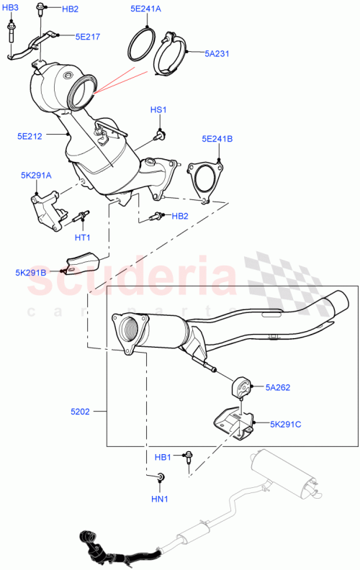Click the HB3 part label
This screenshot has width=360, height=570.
tap(13, 7)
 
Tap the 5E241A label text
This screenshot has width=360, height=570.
tap(146, 9)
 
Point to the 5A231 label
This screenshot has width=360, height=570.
tap(217, 53)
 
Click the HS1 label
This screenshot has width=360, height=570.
tap(158, 109)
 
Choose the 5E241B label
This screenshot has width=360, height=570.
tap(217, 140)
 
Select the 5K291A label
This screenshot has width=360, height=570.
tap(36, 174)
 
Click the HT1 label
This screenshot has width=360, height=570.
tap(82, 237)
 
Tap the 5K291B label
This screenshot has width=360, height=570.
tap(31, 273)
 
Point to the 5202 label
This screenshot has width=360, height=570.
tap(80, 412)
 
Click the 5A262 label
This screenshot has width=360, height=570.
tap(277, 387)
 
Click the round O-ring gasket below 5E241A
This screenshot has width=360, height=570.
tap(144, 45)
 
